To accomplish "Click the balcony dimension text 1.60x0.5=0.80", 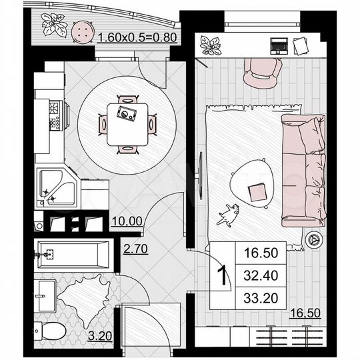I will (137, 37).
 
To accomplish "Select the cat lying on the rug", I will (229, 213).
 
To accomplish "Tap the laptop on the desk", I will (279, 45).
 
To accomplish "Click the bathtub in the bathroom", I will (73, 253).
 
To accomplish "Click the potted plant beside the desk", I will (211, 45).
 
